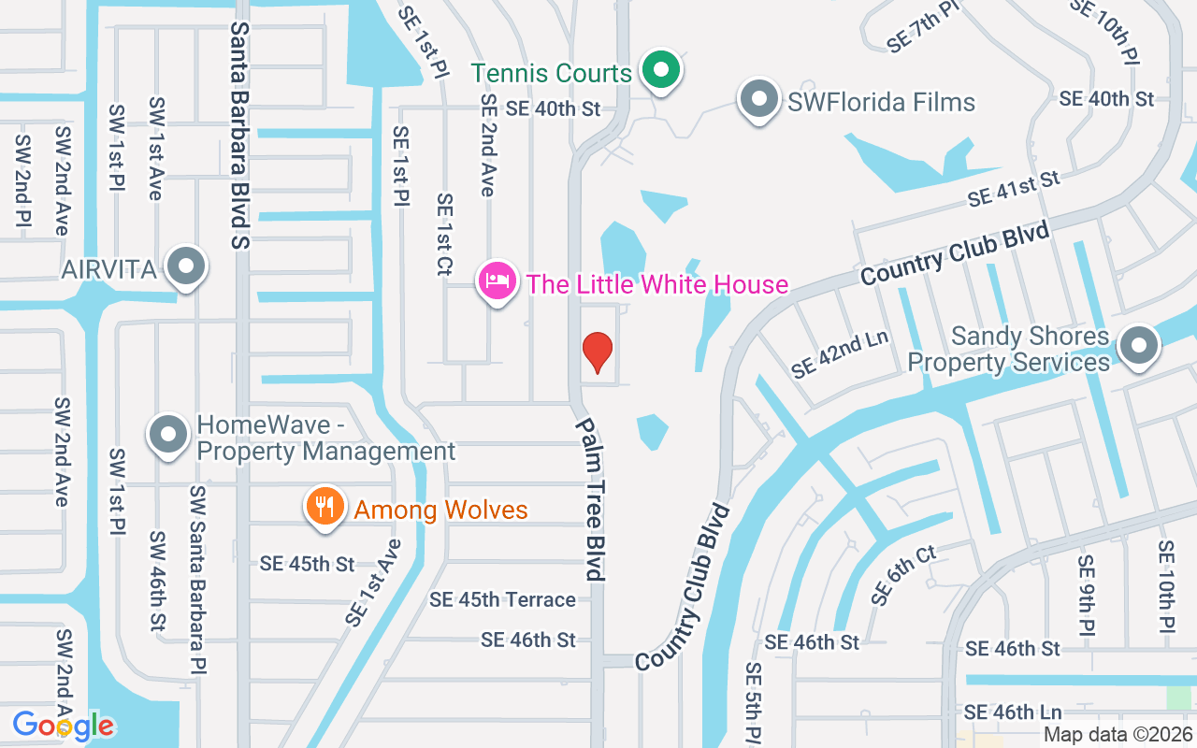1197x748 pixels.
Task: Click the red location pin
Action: tap(597, 352)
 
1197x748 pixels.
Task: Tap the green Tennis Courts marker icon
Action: tap(661, 70)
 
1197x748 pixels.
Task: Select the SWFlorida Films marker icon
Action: tap(758, 98)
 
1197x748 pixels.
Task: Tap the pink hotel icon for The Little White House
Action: tap(498, 280)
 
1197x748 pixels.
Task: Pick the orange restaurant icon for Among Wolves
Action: tap(324, 507)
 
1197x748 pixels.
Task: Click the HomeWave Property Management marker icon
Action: tap(168, 435)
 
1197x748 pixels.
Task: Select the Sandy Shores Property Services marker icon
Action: tap(1138, 346)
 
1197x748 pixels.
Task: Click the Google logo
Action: tap(63, 725)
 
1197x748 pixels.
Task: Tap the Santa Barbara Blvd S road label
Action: tap(241, 137)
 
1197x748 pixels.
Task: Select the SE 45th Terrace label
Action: tap(502, 599)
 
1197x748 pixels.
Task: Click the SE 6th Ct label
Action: tap(903, 575)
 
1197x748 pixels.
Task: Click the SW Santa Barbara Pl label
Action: tap(197, 580)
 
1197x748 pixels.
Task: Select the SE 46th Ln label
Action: tap(1013, 712)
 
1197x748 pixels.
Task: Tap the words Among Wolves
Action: tap(440, 511)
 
